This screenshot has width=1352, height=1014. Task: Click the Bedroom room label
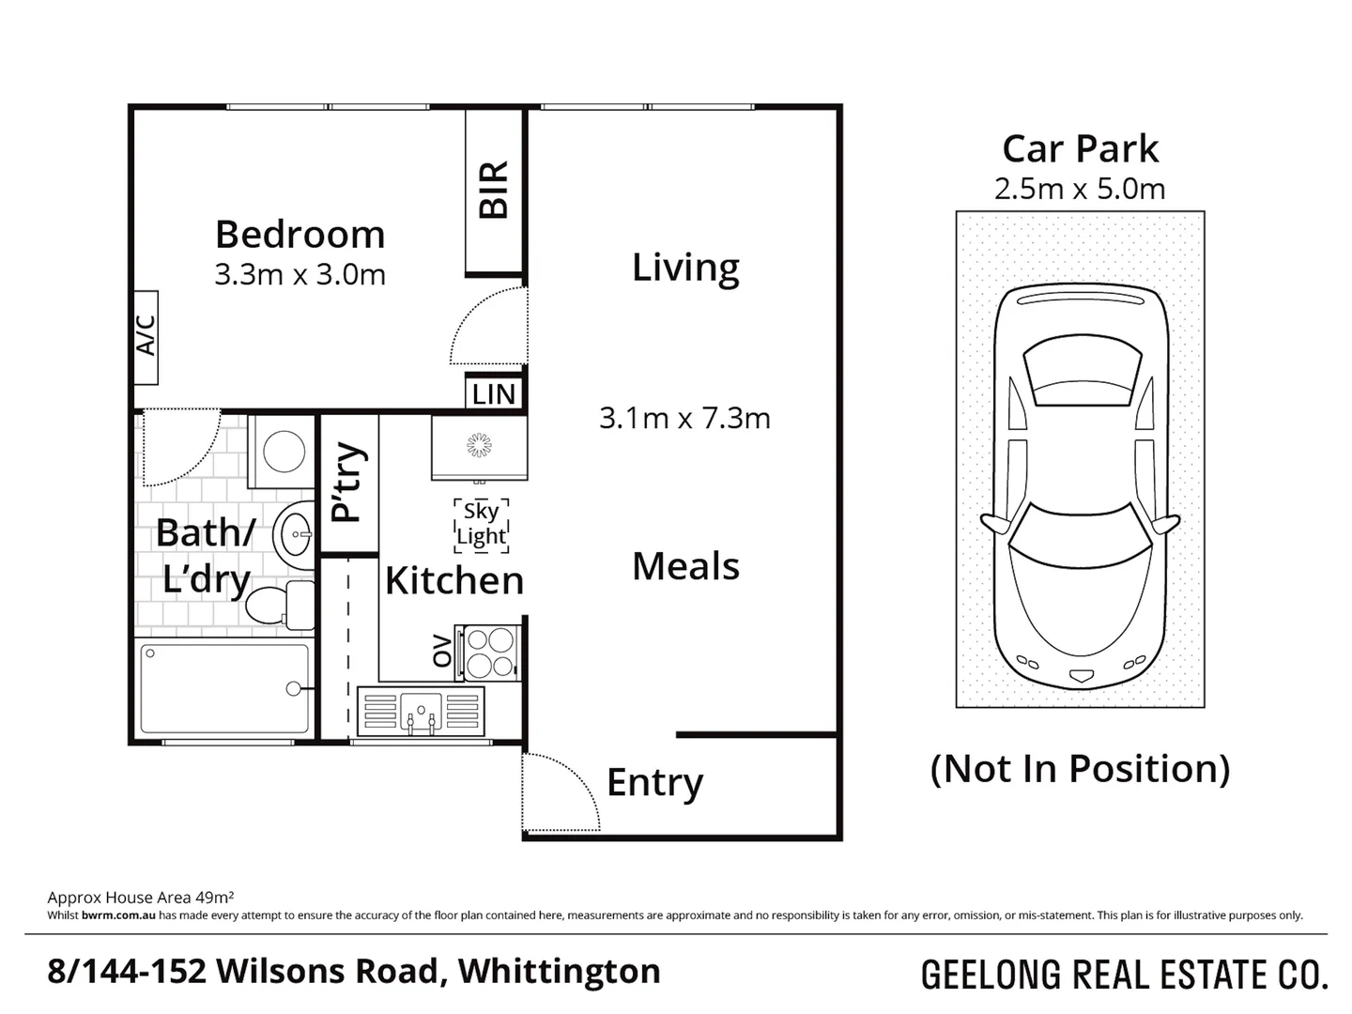tap(300, 234)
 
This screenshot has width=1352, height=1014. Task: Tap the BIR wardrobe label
tap(494, 190)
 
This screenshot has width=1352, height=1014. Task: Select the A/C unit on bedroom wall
tap(146, 337)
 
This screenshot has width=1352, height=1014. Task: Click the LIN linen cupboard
tap(494, 394)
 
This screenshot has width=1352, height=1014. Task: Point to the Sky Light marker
tap(481, 524)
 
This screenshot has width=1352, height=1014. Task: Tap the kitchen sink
tap(421, 710)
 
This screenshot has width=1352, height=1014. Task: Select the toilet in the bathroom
tap(281, 604)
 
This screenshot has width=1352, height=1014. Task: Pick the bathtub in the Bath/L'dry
tap(224, 688)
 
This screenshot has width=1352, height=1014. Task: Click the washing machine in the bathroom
tap(283, 452)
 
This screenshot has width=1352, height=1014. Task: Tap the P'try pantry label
tap(348, 483)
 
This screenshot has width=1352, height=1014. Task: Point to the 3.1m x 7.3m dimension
tap(684, 418)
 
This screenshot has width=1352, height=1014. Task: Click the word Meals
tap(685, 566)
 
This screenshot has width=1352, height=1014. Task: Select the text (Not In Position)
tap(1080, 769)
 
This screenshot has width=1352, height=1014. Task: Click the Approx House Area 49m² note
tap(140, 897)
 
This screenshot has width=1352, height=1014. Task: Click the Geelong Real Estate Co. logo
tap(1124, 976)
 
